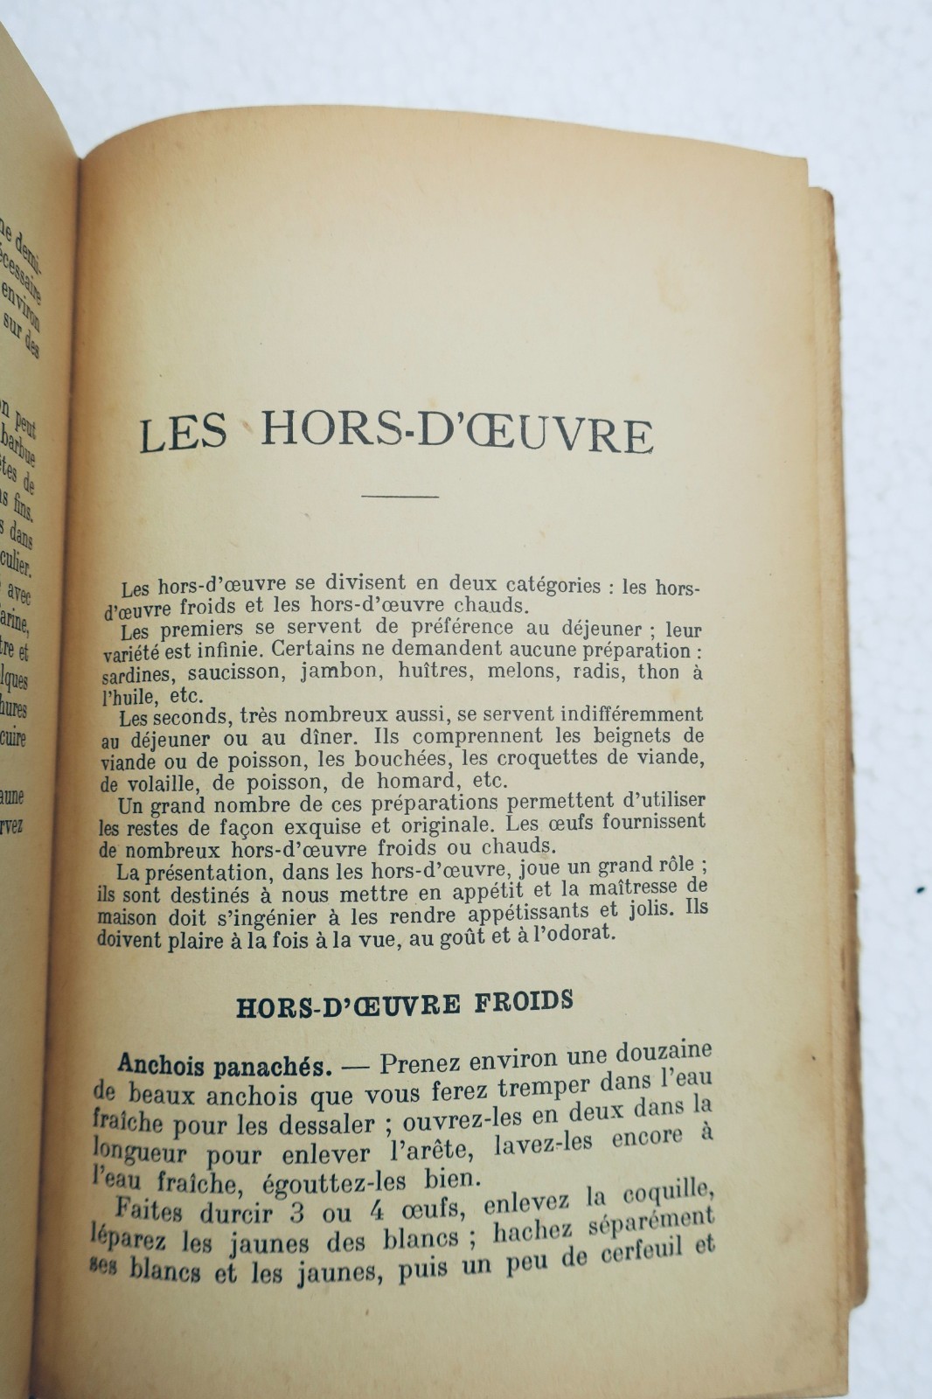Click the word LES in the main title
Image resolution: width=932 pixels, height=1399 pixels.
tap(183, 433)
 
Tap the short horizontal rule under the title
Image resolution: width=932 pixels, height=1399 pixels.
tap(400, 497)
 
